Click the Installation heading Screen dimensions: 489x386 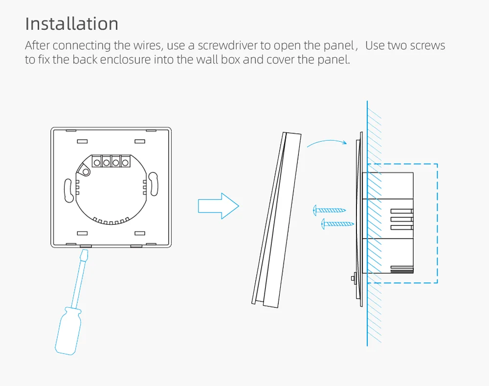tap(71, 24)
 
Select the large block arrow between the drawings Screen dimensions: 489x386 tap(218, 206)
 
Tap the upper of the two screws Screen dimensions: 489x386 tap(329, 210)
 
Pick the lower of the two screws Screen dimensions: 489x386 tap(337, 224)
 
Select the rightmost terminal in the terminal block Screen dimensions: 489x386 tap(125, 162)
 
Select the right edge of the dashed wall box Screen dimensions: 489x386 tap(437, 223)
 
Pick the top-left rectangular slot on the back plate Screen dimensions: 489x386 tap(82, 141)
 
